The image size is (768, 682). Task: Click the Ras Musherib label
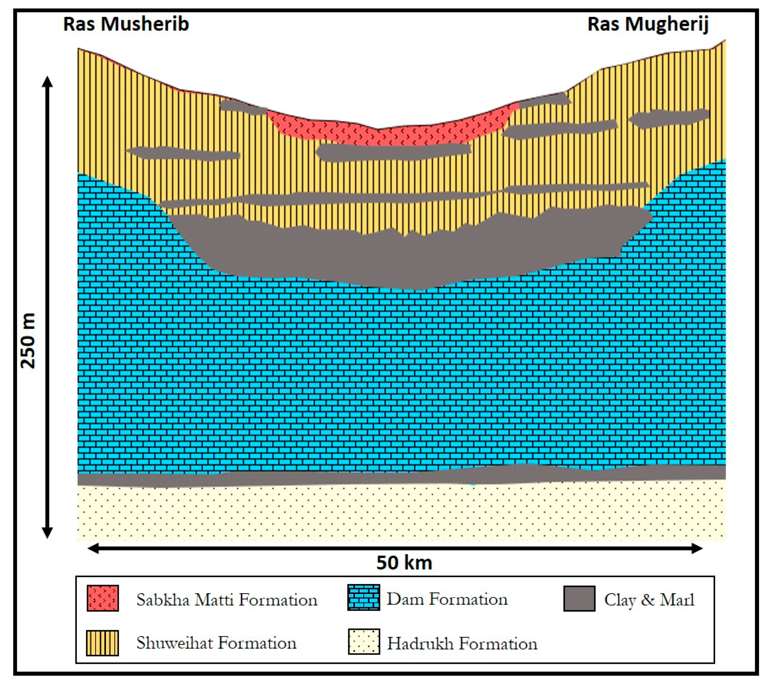pyautogui.click(x=126, y=24)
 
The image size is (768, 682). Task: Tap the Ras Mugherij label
pyautogui.click(x=648, y=24)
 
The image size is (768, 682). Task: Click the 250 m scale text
pyautogui.click(x=28, y=341)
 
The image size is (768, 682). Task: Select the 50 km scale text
pyautogui.click(x=404, y=563)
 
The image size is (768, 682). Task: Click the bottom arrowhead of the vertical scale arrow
pyautogui.click(x=47, y=533)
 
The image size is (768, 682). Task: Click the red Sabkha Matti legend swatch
pyautogui.click(x=103, y=598)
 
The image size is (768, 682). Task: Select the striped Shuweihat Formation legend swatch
pyautogui.click(x=103, y=643)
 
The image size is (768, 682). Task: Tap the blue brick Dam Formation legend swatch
pyautogui.click(x=363, y=597)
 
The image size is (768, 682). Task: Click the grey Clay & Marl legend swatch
pyautogui.click(x=579, y=598)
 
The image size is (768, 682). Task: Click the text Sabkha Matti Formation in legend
pyautogui.click(x=227, y=600)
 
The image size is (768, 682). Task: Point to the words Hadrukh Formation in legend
pyautogui.click(x=462, y=644)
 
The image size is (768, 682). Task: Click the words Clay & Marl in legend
pyautogui.click(x=649, y=600)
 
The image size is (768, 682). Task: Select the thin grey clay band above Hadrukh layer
pyautogui.click(x=338, y=479)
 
